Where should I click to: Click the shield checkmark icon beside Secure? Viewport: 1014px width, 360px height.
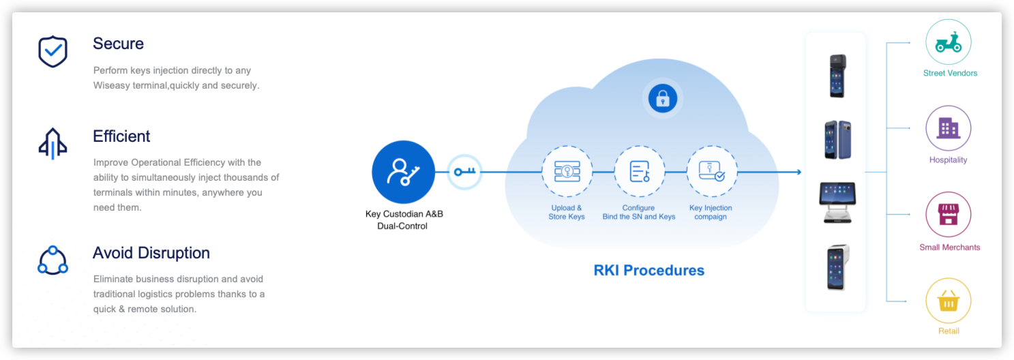click(x=53, y=52)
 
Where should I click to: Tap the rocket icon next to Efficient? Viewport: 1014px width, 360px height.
click(x=53, y=144)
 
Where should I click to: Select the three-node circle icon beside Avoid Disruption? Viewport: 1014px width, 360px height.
click(x=53, y=260)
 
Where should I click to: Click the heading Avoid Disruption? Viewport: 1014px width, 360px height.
click(x=151, y=253)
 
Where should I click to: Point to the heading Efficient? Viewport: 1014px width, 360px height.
click(x=121, y=136)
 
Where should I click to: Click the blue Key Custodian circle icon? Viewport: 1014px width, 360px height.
click(x=403, y=172)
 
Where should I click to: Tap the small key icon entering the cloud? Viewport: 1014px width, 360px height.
click(x=464, y=172)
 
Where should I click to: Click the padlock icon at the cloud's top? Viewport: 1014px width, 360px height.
click(x=661, y=100)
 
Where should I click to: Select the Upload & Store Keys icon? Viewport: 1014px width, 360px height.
click(x=567, y=171)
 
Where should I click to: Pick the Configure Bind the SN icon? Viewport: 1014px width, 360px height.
click(x=639, y=171)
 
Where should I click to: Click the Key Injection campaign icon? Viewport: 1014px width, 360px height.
click(x=711, y=171)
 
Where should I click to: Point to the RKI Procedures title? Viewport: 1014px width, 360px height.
click(x=648, y=270)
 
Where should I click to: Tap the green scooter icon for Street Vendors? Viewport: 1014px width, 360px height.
click(x=948, y=43)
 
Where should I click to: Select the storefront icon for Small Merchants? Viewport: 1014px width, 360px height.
click(x=948, y=215)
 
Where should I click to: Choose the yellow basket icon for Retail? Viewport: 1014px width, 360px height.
click(x=948, y=301)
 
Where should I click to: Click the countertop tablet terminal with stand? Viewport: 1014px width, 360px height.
click(x=836, y=202)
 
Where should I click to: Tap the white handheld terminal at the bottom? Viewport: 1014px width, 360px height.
click(x=836, y=268)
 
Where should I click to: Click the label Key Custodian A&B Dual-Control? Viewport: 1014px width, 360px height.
click(x=404, y=220)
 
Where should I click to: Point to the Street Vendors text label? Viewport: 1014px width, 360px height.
click(x=950, y=73)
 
